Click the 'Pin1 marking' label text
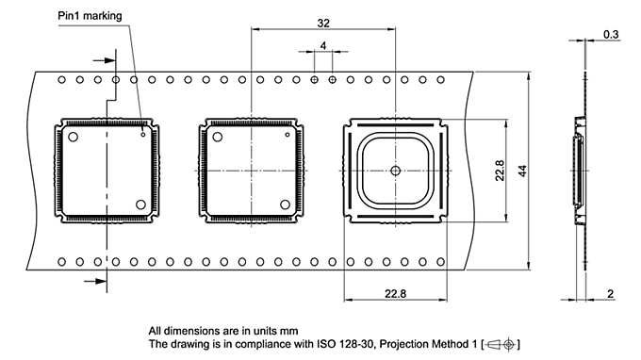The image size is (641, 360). pyautogui.click(x=93, y=14)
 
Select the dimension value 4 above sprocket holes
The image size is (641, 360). pyautogui.click(x=323, y=45)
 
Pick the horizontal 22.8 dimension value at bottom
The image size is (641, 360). pyautogui.click(x=395, y=294)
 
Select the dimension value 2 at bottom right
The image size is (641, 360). pyautogui.click(x=611, y=294)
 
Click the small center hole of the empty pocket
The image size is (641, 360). pyautogui.click(x=395, y=171)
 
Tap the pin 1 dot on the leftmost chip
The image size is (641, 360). pyautogui.click(x=143, y=134)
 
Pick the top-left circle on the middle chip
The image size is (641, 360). pyautogui.click(x=218, y=138)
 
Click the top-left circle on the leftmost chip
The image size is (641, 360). pyautogui.click(x=73, y=138)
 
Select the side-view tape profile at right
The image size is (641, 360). pyautogui.click(x=577, y=170)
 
